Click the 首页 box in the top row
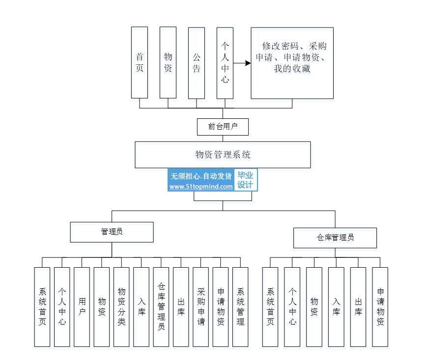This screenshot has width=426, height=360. (140, 62)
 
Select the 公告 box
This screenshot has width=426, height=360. (197, 62)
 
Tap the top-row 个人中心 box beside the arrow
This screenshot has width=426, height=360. (225, 62)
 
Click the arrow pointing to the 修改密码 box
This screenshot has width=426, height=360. (241, 63)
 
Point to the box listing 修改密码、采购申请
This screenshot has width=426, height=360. (292, 62)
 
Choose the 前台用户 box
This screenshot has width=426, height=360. (223, 127)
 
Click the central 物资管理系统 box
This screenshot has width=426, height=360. (223, 155)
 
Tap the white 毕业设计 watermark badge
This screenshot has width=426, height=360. (246, 180)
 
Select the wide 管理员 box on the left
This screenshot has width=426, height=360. (112, 232)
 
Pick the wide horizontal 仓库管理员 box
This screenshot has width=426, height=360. (335, 238)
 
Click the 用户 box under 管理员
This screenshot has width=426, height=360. (82, 306)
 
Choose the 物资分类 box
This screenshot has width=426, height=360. (121, 306)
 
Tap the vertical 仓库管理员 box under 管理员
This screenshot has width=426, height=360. (161, 306)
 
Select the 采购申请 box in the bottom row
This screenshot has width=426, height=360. (201, 306)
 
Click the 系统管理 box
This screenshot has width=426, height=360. (240, 306)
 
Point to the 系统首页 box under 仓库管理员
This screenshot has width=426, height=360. (270, 306)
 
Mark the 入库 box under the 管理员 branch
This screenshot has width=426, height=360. (141, 306)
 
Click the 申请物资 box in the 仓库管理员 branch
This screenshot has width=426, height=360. (380, 306)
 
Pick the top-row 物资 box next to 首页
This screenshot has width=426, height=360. (168, 62)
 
